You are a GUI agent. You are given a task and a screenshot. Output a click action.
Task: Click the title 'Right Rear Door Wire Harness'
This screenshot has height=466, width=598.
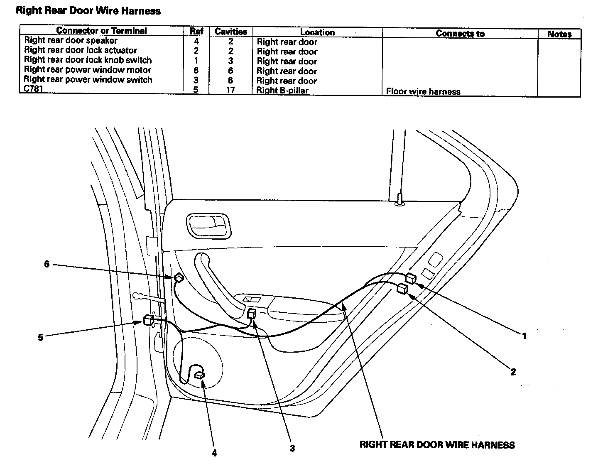[x=88, y=11]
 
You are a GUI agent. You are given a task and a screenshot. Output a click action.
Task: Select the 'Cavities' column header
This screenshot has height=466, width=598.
[x=231, y=32]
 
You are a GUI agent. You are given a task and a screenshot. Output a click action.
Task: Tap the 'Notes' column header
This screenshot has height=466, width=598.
[x=559, y=34]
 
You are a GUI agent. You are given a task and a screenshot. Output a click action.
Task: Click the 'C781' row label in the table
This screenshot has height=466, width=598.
[x=34, y=88]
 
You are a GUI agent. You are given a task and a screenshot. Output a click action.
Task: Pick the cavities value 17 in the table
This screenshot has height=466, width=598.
[x=230, y=90]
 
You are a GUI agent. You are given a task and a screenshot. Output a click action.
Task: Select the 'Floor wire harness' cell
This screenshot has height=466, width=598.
[x=423, y=91]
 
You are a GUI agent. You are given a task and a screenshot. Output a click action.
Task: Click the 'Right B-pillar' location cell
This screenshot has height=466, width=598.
[x=282, y=91]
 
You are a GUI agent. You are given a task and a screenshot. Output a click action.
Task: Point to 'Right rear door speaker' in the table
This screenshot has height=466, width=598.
[x=71, y=40]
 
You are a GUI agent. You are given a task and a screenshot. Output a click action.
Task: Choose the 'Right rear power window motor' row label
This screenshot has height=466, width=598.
[x=87, y=70]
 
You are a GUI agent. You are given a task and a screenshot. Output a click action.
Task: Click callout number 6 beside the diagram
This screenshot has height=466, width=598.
[x=47, y=264]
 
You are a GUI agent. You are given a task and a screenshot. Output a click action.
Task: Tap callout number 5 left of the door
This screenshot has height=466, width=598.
[x=40, y=337]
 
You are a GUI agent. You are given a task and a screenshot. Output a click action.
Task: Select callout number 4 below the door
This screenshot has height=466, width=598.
[x=214, y=453]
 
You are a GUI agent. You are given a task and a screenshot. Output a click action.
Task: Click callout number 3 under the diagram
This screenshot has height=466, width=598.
[x=292, y=448]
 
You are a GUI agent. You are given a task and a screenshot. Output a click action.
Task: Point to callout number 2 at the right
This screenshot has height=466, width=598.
[x=513, y=372]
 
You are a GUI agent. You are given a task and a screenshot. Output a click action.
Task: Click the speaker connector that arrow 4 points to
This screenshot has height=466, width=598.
[x=200, y=375]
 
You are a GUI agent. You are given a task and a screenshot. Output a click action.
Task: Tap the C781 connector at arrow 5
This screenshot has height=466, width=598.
[x=148, y=320]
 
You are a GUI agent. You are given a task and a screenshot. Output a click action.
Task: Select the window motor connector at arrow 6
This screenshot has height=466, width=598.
[x=179, y=277]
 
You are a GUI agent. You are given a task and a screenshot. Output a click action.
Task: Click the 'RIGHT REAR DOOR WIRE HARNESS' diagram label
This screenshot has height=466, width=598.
[x=437, y=445]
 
